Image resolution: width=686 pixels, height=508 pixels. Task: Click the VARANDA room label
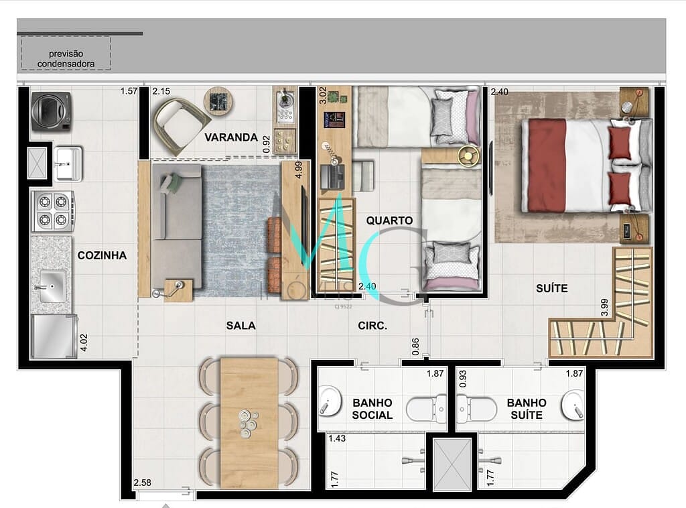click(x=231, y=137)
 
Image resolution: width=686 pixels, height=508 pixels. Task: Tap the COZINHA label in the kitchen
click(x=102, y=255)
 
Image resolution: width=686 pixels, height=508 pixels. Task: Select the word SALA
click(x=241, y=326)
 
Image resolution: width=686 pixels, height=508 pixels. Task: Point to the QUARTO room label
click(x=389, y=220)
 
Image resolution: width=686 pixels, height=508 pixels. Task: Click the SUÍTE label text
click(x=551, y=288)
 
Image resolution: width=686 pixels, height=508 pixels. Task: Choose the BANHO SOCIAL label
click(x=372, y=409)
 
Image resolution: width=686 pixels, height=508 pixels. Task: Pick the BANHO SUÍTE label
click(x=526, y=409)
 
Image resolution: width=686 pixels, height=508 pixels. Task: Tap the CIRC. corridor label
click(x=372, y=326)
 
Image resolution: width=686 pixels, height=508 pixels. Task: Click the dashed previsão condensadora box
click(x=66, y=54)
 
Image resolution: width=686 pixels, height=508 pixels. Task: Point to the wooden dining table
click(x=249, y=422)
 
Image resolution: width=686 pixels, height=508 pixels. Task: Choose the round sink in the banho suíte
click(x=573, y=405)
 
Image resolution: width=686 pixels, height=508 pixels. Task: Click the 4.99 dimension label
click(x=299, y=168)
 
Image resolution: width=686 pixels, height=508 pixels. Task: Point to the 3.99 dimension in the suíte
click(x=605, y=307)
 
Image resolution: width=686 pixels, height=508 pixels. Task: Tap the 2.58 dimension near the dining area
click(x=143, y=483)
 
